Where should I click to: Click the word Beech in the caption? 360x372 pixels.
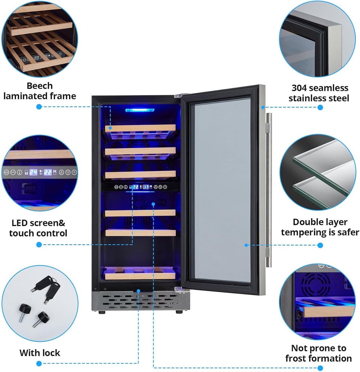[x=40, y=86]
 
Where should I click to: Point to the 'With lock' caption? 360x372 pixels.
[x=40, y=353]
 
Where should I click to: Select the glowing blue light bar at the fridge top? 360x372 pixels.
[x=140, y=110]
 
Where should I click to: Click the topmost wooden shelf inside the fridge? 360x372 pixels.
[x=140, y=128]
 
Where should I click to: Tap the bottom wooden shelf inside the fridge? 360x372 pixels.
[x=140, y=275]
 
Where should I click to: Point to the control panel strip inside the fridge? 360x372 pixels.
[x=140, y=187]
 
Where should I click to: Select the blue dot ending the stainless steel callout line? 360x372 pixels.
[x=320, y=107]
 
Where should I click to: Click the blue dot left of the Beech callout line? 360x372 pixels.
[x=39, y=107]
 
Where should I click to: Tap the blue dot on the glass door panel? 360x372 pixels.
[x=246, y=245]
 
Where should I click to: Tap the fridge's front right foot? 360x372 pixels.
[x=179, y=312]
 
